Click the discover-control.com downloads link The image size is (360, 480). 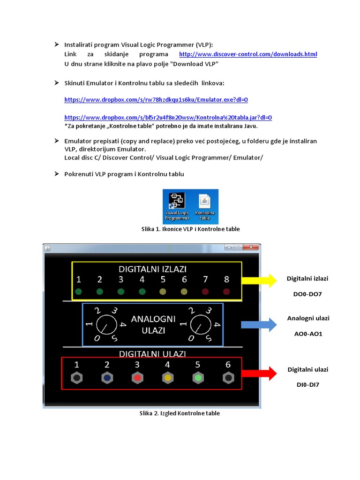(248, 54)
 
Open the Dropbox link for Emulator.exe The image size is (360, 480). (156, 99)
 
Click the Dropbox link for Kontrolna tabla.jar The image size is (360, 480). (168, 118)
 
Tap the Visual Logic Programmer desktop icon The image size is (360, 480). (177, 204)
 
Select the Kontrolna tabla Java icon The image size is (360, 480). (204, 204)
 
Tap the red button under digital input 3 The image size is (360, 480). (137, 378)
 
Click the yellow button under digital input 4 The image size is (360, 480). (167, 378)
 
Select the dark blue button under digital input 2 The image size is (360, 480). (107, 378)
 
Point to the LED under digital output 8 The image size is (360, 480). (227, 292)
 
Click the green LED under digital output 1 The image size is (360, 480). (79, 292)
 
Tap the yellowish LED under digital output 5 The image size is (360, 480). (163, 292)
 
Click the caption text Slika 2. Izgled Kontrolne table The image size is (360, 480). (180, 413)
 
